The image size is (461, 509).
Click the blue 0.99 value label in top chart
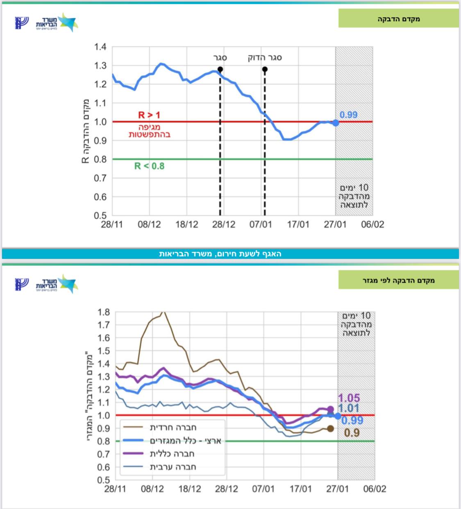click(348, 115)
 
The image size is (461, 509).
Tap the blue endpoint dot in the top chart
click(336, 122)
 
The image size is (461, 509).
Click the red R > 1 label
click(149, 115)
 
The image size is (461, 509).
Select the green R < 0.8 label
click(149, 166)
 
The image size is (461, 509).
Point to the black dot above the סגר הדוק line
click(265, 69)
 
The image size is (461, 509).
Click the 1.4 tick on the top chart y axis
click(100, 47)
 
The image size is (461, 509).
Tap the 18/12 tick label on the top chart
click(186, 224)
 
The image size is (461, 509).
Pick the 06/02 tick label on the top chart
click(372, 224)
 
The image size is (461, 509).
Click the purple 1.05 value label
click(349, 398)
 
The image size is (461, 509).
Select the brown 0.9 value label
click(352, 433)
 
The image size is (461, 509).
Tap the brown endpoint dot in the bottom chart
click(331, 429)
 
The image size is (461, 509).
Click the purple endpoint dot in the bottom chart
click(331, 409)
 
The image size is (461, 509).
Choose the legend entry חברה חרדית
click(173, 428)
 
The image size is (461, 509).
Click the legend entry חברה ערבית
click(173, 467)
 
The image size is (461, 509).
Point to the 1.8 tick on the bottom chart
click(104, 312)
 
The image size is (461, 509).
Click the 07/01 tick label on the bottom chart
click(263, 489)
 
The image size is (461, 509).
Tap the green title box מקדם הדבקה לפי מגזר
click(398, 280)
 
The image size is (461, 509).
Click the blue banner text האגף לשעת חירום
click(220, 254)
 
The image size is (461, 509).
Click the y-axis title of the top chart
click(85, 131)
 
